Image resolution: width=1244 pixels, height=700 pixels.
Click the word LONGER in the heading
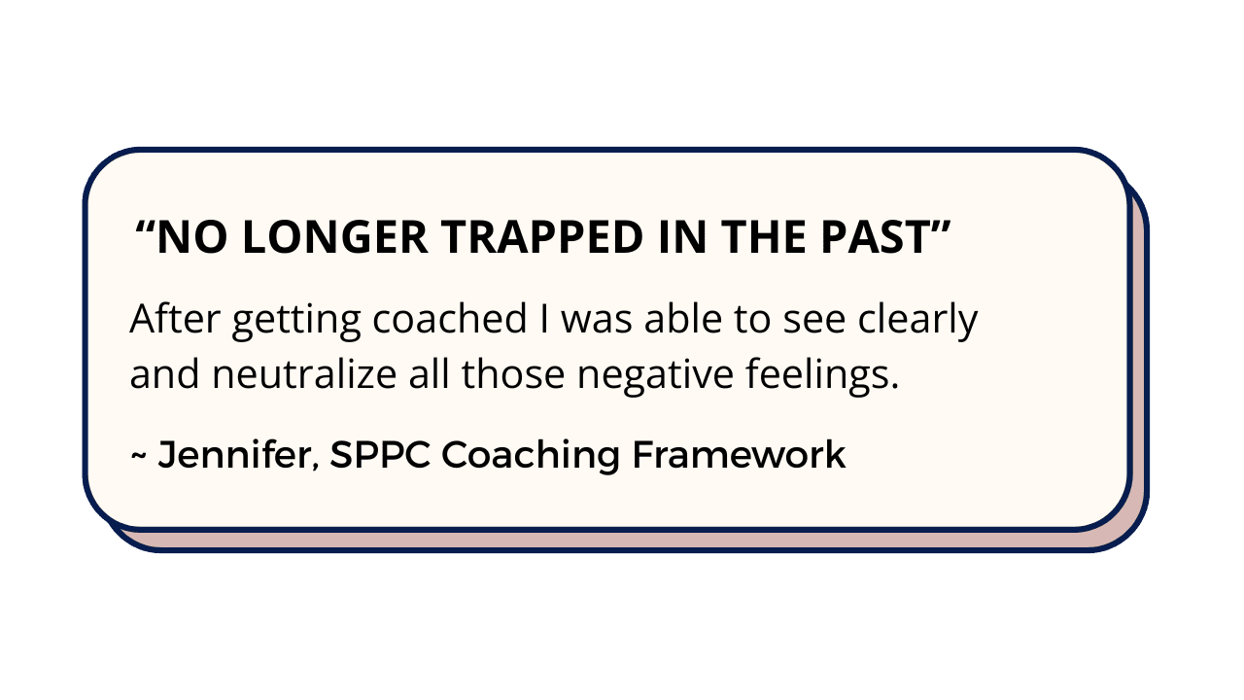tap(335, 237)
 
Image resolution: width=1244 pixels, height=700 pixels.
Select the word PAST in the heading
tap(876, 237)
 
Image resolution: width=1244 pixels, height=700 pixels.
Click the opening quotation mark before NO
tap(145, 227)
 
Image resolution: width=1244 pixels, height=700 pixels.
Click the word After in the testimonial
tap(175, 319)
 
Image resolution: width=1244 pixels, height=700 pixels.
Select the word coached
tap(450, 319)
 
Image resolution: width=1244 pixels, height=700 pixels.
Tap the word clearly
tap(917, 322)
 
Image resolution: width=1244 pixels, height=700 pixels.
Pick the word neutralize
tap(304, 374)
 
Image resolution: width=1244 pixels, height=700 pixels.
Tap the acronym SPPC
tap(380, 454)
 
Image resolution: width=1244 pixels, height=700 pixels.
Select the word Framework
tap(739, 454)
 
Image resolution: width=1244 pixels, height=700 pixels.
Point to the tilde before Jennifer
tap(138, 456)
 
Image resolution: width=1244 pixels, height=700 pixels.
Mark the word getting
tap(296, 322)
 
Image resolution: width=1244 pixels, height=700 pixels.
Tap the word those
tap(513, 374)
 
